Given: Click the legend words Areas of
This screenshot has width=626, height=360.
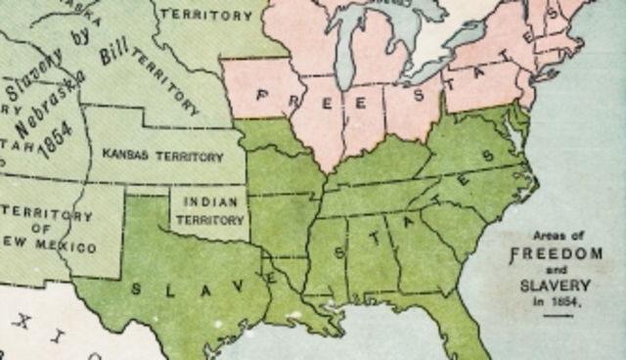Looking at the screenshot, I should (553, 236).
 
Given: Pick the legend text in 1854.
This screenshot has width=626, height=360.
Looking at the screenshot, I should (555, 301).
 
